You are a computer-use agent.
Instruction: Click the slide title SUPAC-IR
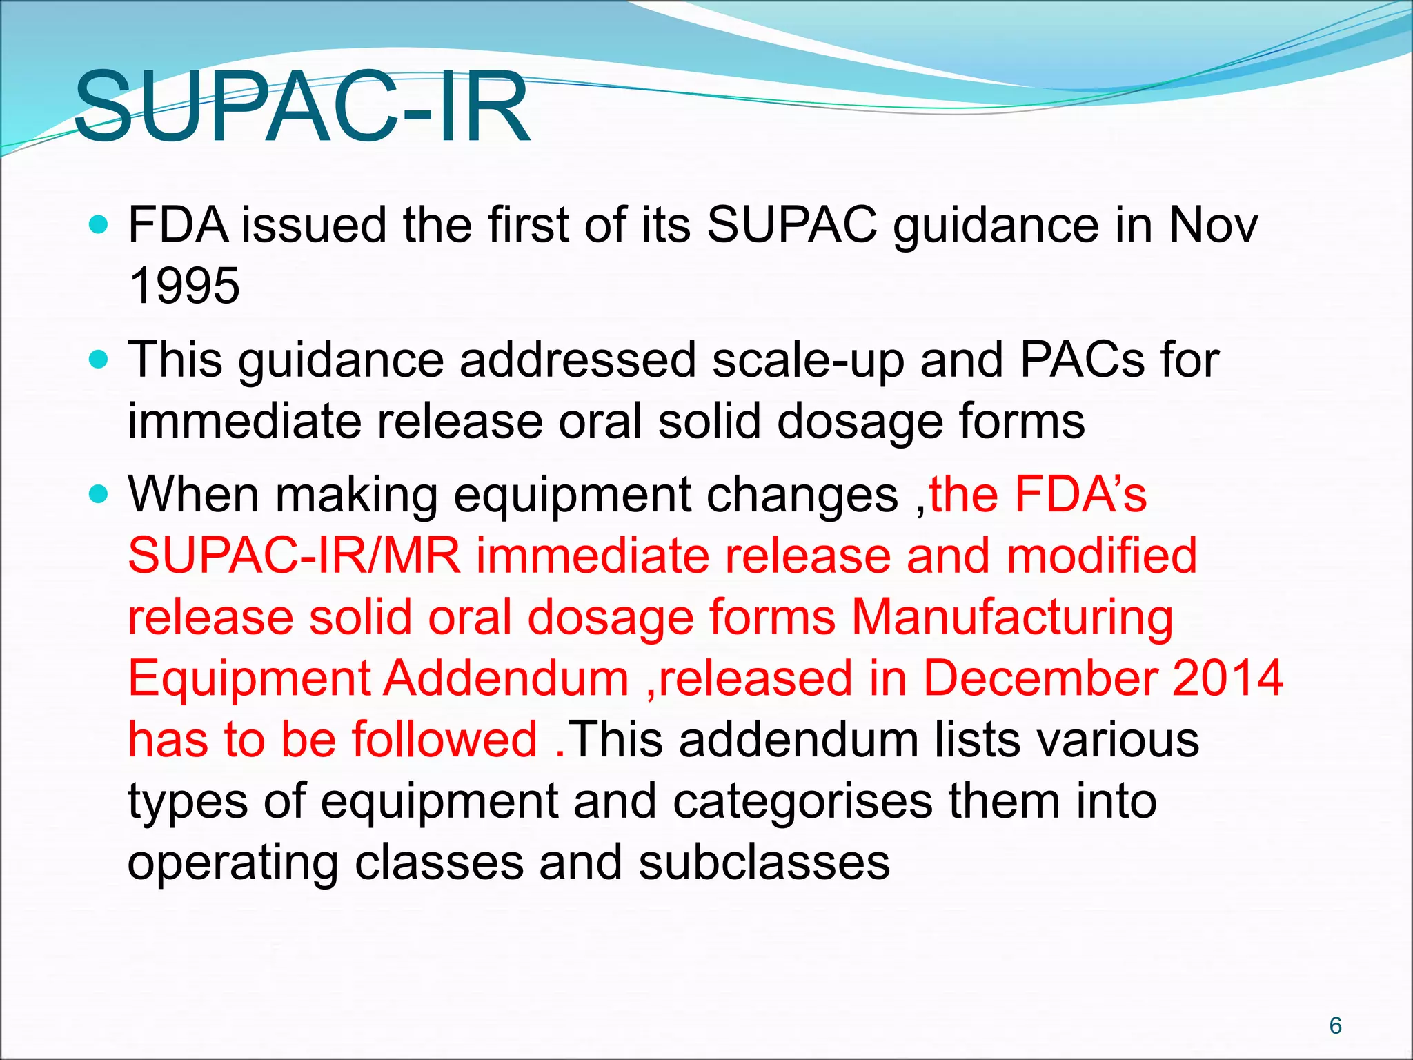[302, 107]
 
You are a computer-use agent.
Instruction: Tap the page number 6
[1335, 1025]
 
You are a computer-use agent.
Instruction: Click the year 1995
[184, 286]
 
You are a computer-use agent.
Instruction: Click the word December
[1040, 678]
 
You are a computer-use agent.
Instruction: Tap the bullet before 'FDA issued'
[100, 225]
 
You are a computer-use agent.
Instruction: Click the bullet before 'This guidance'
[100, 360]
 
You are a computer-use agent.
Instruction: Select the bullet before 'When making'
[100, 494]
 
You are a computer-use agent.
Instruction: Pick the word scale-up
[808, 361]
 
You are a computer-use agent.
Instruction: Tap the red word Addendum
[506, 678]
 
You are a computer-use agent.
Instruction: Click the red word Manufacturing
[1012, 618]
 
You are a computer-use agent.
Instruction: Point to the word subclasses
[764, 862]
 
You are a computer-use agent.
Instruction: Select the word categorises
[802, 802]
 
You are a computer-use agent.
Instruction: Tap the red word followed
[445, 739]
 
